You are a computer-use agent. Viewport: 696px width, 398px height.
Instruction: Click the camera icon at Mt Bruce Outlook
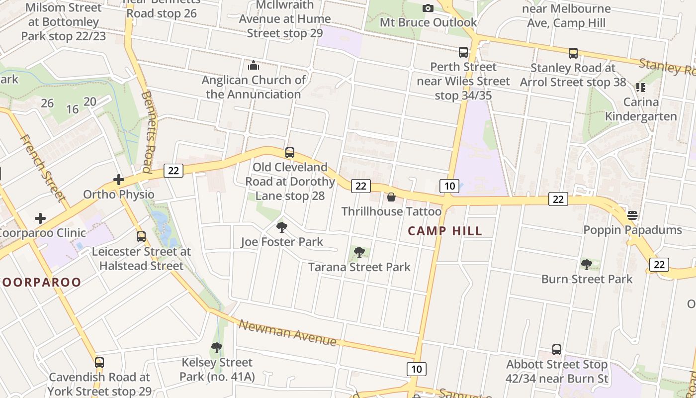coord(428,8)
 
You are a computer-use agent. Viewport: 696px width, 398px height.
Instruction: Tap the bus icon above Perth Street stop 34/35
coord(463,52)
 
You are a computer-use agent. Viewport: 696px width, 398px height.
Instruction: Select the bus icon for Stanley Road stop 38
coord(573,53)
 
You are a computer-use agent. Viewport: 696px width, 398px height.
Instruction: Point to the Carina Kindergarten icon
coord(640,88)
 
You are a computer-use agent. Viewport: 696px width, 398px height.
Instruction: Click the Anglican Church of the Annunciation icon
coord(254,65)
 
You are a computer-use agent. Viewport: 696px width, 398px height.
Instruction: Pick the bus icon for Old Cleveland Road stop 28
coord(290,153)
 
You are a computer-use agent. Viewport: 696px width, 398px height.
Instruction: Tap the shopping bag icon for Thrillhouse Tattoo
coord(391,198)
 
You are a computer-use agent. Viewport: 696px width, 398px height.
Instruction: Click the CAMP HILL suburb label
coord(445,231)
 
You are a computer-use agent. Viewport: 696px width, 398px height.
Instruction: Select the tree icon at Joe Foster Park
coord(282,228)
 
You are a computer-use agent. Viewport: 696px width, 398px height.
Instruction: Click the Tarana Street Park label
coord(359,267)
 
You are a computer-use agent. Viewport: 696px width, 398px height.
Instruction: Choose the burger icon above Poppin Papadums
coord(632,215)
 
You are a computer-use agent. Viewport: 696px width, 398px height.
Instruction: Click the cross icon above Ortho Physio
coord(119,180)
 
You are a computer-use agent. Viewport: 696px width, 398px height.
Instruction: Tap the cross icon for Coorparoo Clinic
coord(40,218)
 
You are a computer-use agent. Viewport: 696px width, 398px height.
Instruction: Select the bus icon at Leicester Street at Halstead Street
coord(141,237)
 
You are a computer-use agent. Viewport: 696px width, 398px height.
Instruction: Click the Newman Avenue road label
coord(288,332)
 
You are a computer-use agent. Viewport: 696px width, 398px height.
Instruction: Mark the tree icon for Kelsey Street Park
coord(216,348)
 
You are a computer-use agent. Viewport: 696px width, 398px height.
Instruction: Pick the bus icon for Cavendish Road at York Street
coord(99,363)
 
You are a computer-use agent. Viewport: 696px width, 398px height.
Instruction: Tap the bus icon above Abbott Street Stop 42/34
coord(557,350)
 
